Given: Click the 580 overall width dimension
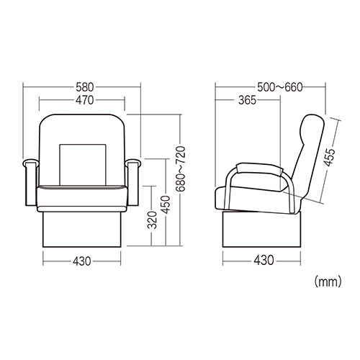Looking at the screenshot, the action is point(85,87).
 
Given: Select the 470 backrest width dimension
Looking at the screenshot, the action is point(85,100).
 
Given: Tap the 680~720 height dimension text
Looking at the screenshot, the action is point(181,168).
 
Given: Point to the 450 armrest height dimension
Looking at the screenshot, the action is point(166,204).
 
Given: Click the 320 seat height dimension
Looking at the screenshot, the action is point(152,220).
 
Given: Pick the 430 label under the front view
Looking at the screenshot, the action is point(82,261).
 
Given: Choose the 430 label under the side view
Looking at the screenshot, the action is point(264,260).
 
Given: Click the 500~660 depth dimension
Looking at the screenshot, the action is point(280,87).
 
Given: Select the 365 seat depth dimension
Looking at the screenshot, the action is point(248,100).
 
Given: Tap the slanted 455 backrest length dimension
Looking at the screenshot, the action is point(329,157).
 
